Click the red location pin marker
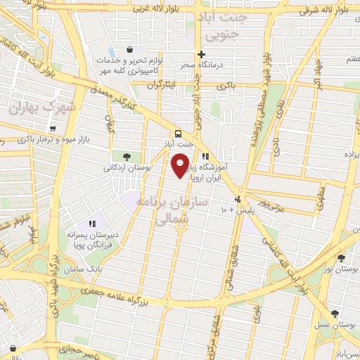click(x=181, y=167)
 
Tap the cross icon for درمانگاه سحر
click(x=201, y=53)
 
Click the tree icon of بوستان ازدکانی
click(x=127, y=156)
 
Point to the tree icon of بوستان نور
click(x=341, y=258)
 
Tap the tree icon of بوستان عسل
click(x=333, y=314)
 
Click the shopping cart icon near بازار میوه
click(x=53, y=129)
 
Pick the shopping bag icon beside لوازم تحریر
click(x=129, y=50)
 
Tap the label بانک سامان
click(x=101, y=269)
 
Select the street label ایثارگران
click(x=163, y=84)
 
